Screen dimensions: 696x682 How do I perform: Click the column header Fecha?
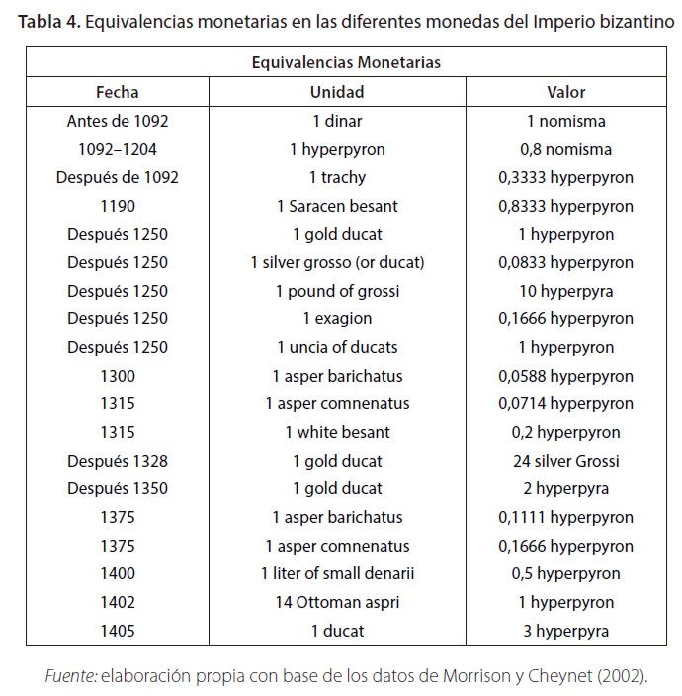tap(117, 92)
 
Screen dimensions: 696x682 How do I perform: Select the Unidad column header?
tap(337, 92)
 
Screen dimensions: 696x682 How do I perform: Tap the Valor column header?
tap(566, 92)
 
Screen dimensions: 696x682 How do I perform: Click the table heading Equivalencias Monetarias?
tap(346, 62)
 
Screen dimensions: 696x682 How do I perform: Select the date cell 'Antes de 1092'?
tap(117, 122)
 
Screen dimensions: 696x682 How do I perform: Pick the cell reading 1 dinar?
tap(337, 122)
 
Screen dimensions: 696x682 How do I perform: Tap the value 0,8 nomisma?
tap(567, 150)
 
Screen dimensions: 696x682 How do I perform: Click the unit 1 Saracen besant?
tap(337, 207)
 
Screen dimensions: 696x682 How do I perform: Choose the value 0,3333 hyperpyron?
tap(566, 178)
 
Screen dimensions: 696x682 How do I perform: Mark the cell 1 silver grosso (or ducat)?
tap(337, 263)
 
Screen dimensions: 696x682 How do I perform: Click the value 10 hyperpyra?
tap(566, 291)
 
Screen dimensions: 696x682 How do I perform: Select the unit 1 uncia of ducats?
tap(337, 348)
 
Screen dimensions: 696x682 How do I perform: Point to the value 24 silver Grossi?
tap(566, 461)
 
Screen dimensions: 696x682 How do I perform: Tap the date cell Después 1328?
tap(117, 461)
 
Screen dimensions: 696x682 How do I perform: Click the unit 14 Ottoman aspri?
tap(337, 602)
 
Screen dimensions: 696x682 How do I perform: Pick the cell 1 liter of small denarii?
tap(337, 573)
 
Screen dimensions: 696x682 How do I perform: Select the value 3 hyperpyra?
tap(566, 631)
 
